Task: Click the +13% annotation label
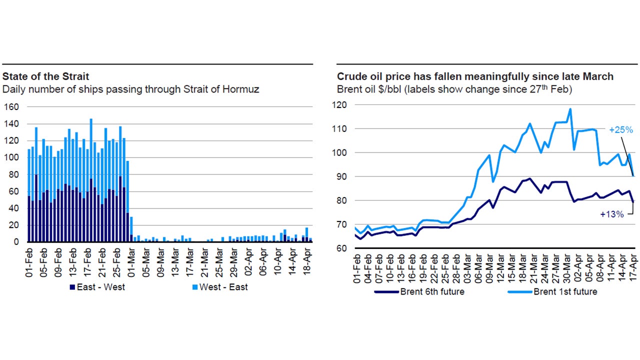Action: point(612,214)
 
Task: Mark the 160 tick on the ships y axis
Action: point(12,107)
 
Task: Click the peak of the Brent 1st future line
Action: point(570,109)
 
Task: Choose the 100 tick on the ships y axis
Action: point(12,157)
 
